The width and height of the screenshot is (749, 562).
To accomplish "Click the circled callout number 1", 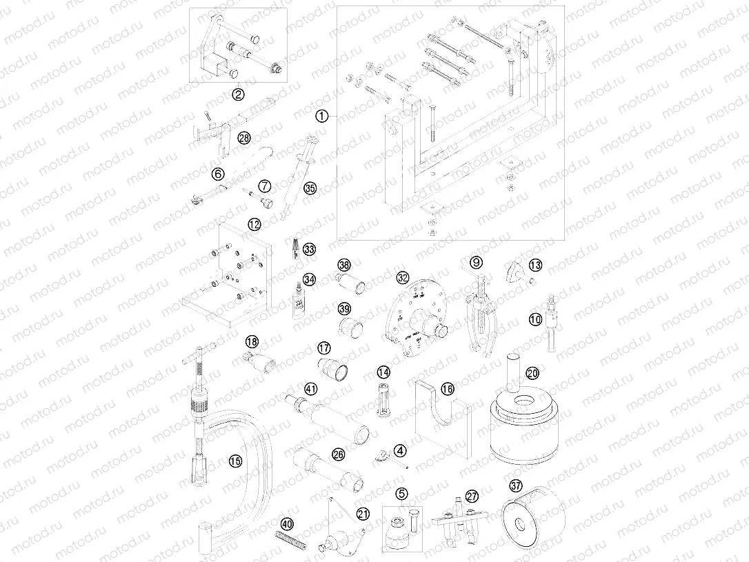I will [x=321, y=117].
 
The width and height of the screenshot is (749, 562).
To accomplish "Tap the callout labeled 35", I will [x=310, y=188].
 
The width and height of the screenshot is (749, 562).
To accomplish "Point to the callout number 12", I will [x=254, y=224].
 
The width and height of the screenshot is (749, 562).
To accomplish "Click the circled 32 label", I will [x=403, y=278].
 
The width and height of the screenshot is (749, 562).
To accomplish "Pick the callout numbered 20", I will [x=532, y=373].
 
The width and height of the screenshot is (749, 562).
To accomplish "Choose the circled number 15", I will [x=236, y=461].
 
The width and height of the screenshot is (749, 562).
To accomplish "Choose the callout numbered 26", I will [x=338, y=454].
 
